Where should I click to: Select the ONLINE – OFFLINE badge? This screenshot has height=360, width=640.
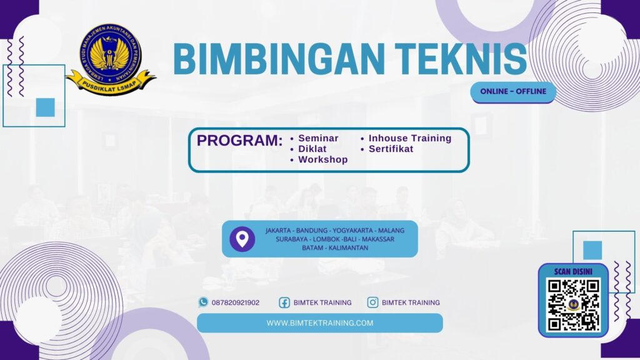pos(512,91)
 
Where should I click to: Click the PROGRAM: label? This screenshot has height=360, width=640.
pos(239,141)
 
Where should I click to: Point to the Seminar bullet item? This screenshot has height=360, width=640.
pos(318,138)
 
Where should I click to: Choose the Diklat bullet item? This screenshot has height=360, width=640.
pos(312,149)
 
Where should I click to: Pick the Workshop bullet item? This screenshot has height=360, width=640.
pos(322,159)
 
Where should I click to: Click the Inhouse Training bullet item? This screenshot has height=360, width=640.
pos(409,138)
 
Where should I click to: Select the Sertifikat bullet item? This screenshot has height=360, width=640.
pos(391,149)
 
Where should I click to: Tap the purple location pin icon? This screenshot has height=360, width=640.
pos(242,239)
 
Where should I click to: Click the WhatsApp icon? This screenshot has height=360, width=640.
pos(203,302)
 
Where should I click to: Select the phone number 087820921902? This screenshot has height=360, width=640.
pos(236,302)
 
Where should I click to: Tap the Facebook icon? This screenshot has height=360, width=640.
pos(284,302)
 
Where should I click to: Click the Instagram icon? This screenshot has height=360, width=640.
pos(372,302)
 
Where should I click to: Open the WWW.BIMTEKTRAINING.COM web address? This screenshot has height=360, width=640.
pos(319,323)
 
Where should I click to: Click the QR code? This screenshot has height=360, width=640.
pos(573,305)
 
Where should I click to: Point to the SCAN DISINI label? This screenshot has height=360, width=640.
pos(573,271)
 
